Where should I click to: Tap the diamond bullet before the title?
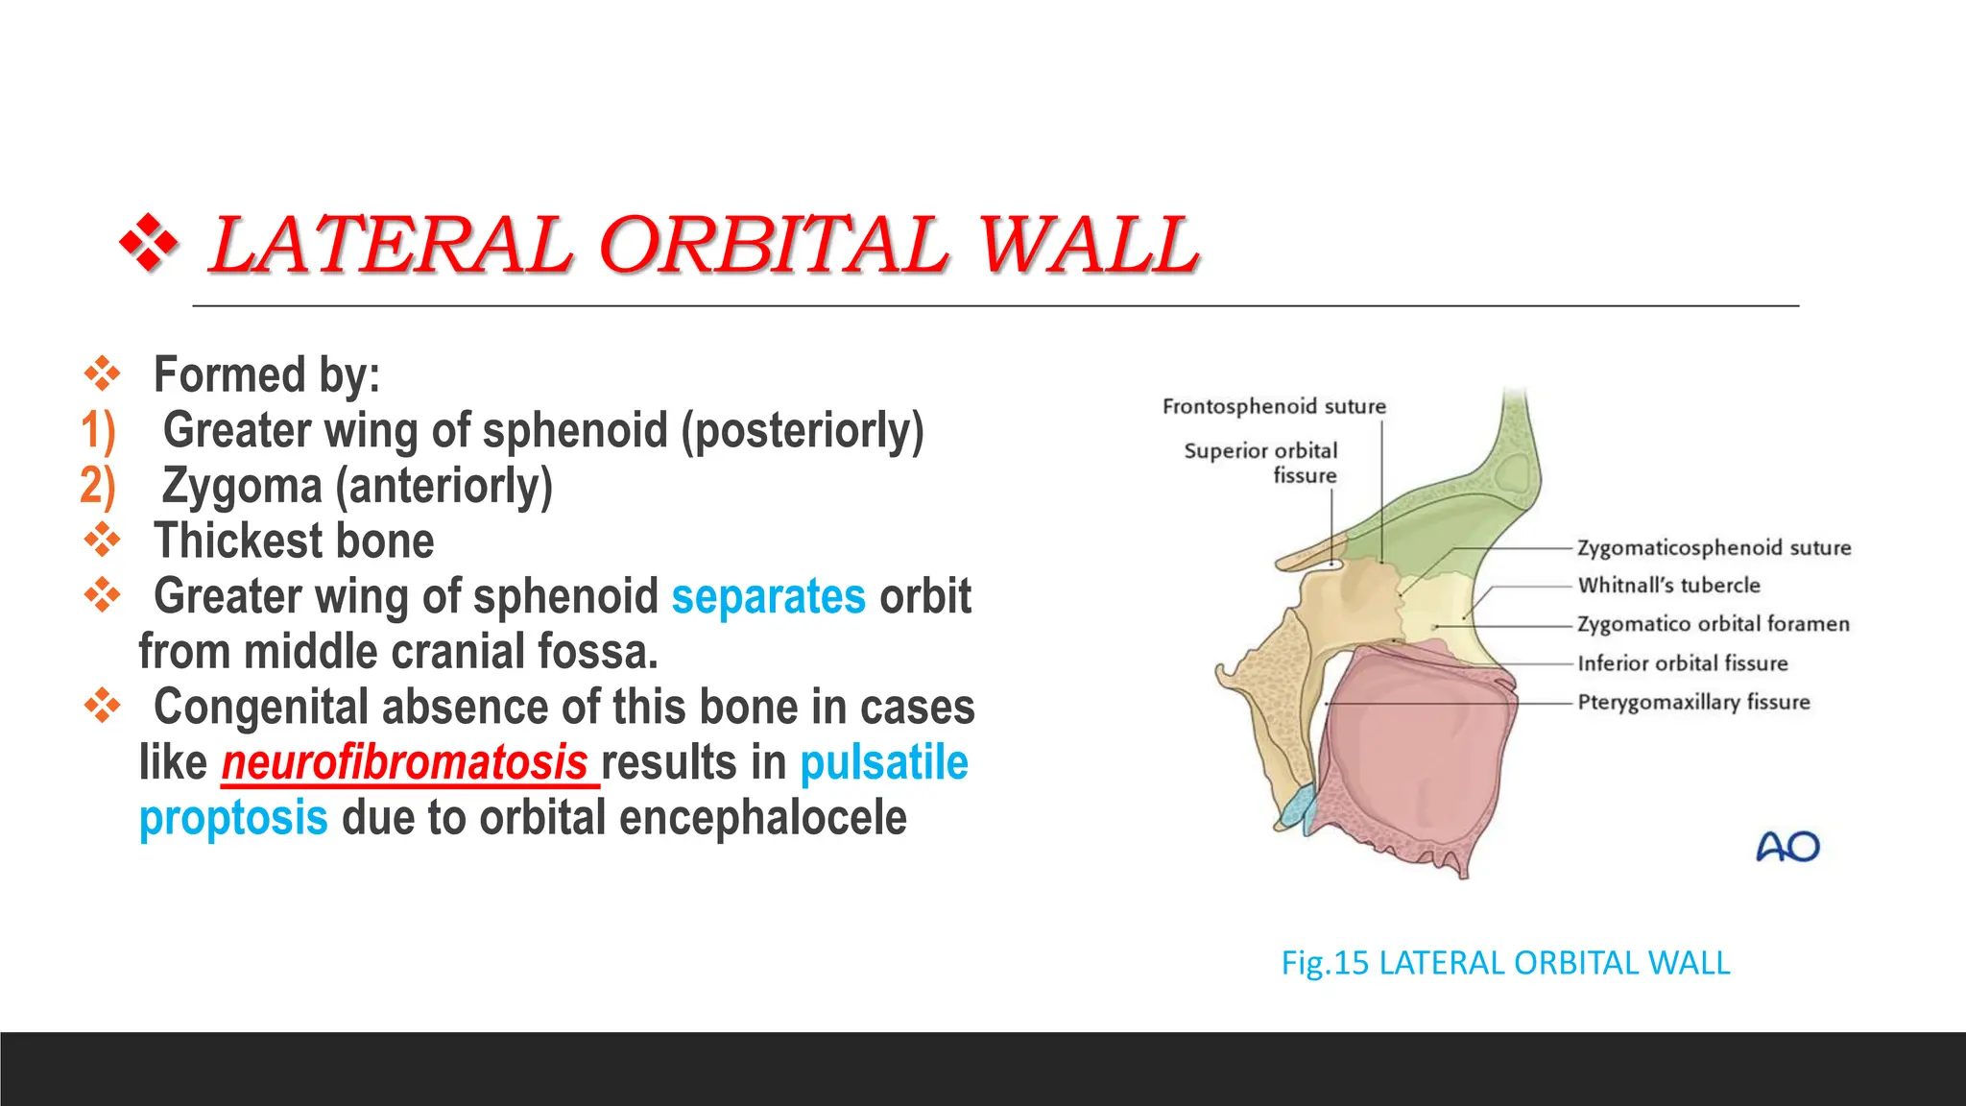coord(149,244)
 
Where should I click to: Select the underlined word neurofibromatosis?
coord(405,763)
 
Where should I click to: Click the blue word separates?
coord(768,596)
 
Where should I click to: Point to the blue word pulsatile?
coord(884,763)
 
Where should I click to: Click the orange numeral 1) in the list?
coord(98,430)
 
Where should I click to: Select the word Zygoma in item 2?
coord(242,486)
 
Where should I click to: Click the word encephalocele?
coord(762,818)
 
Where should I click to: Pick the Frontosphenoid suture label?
coord(1274,406)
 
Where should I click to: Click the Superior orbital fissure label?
coord(1260,463)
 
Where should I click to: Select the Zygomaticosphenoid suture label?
coord(1714,547)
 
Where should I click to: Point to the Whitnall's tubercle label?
coord(1668,586)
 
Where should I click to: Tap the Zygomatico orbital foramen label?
coord(1713,624)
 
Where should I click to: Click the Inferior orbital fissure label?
coord(1682,663)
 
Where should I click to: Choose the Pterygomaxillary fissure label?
coord(1693,702)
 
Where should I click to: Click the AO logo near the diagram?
coord(1787,847)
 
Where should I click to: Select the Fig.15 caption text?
coord(1505,963)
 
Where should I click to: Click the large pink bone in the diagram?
coord(1411,749)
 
